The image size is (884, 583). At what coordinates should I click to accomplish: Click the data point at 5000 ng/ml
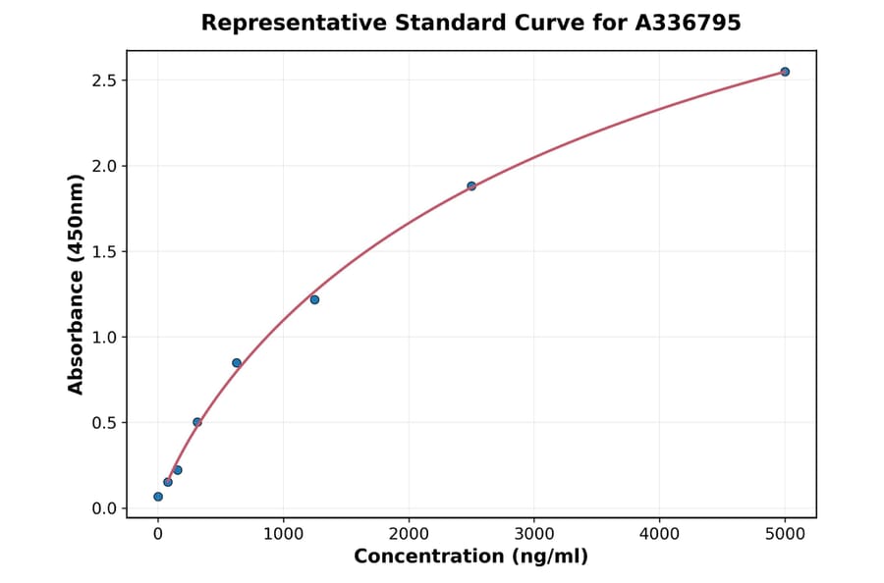pos(785,72)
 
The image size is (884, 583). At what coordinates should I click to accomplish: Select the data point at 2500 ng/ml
pos(471,185)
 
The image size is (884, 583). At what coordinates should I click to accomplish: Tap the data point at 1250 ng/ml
pos(314,299)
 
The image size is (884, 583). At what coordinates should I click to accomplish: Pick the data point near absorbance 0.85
pos(237,363)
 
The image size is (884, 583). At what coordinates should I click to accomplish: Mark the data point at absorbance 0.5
pos(197,422)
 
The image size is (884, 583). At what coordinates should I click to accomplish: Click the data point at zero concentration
pos(158,497)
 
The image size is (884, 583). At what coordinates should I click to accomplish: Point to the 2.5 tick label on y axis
pos(103,79)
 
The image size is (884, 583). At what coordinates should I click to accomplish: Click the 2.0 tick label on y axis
pos(103,166)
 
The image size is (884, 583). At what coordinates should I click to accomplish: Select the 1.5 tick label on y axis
pos(103,251)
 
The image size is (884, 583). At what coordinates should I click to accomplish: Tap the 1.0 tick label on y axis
pos(103,338)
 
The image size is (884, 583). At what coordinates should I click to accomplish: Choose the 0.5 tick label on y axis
pos(103,423)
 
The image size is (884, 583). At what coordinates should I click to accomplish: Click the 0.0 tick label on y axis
pos(103,508)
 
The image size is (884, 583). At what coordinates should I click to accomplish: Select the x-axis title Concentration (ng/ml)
pos(470,557)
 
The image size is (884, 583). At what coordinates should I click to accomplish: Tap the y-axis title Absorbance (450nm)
pos(77,285)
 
